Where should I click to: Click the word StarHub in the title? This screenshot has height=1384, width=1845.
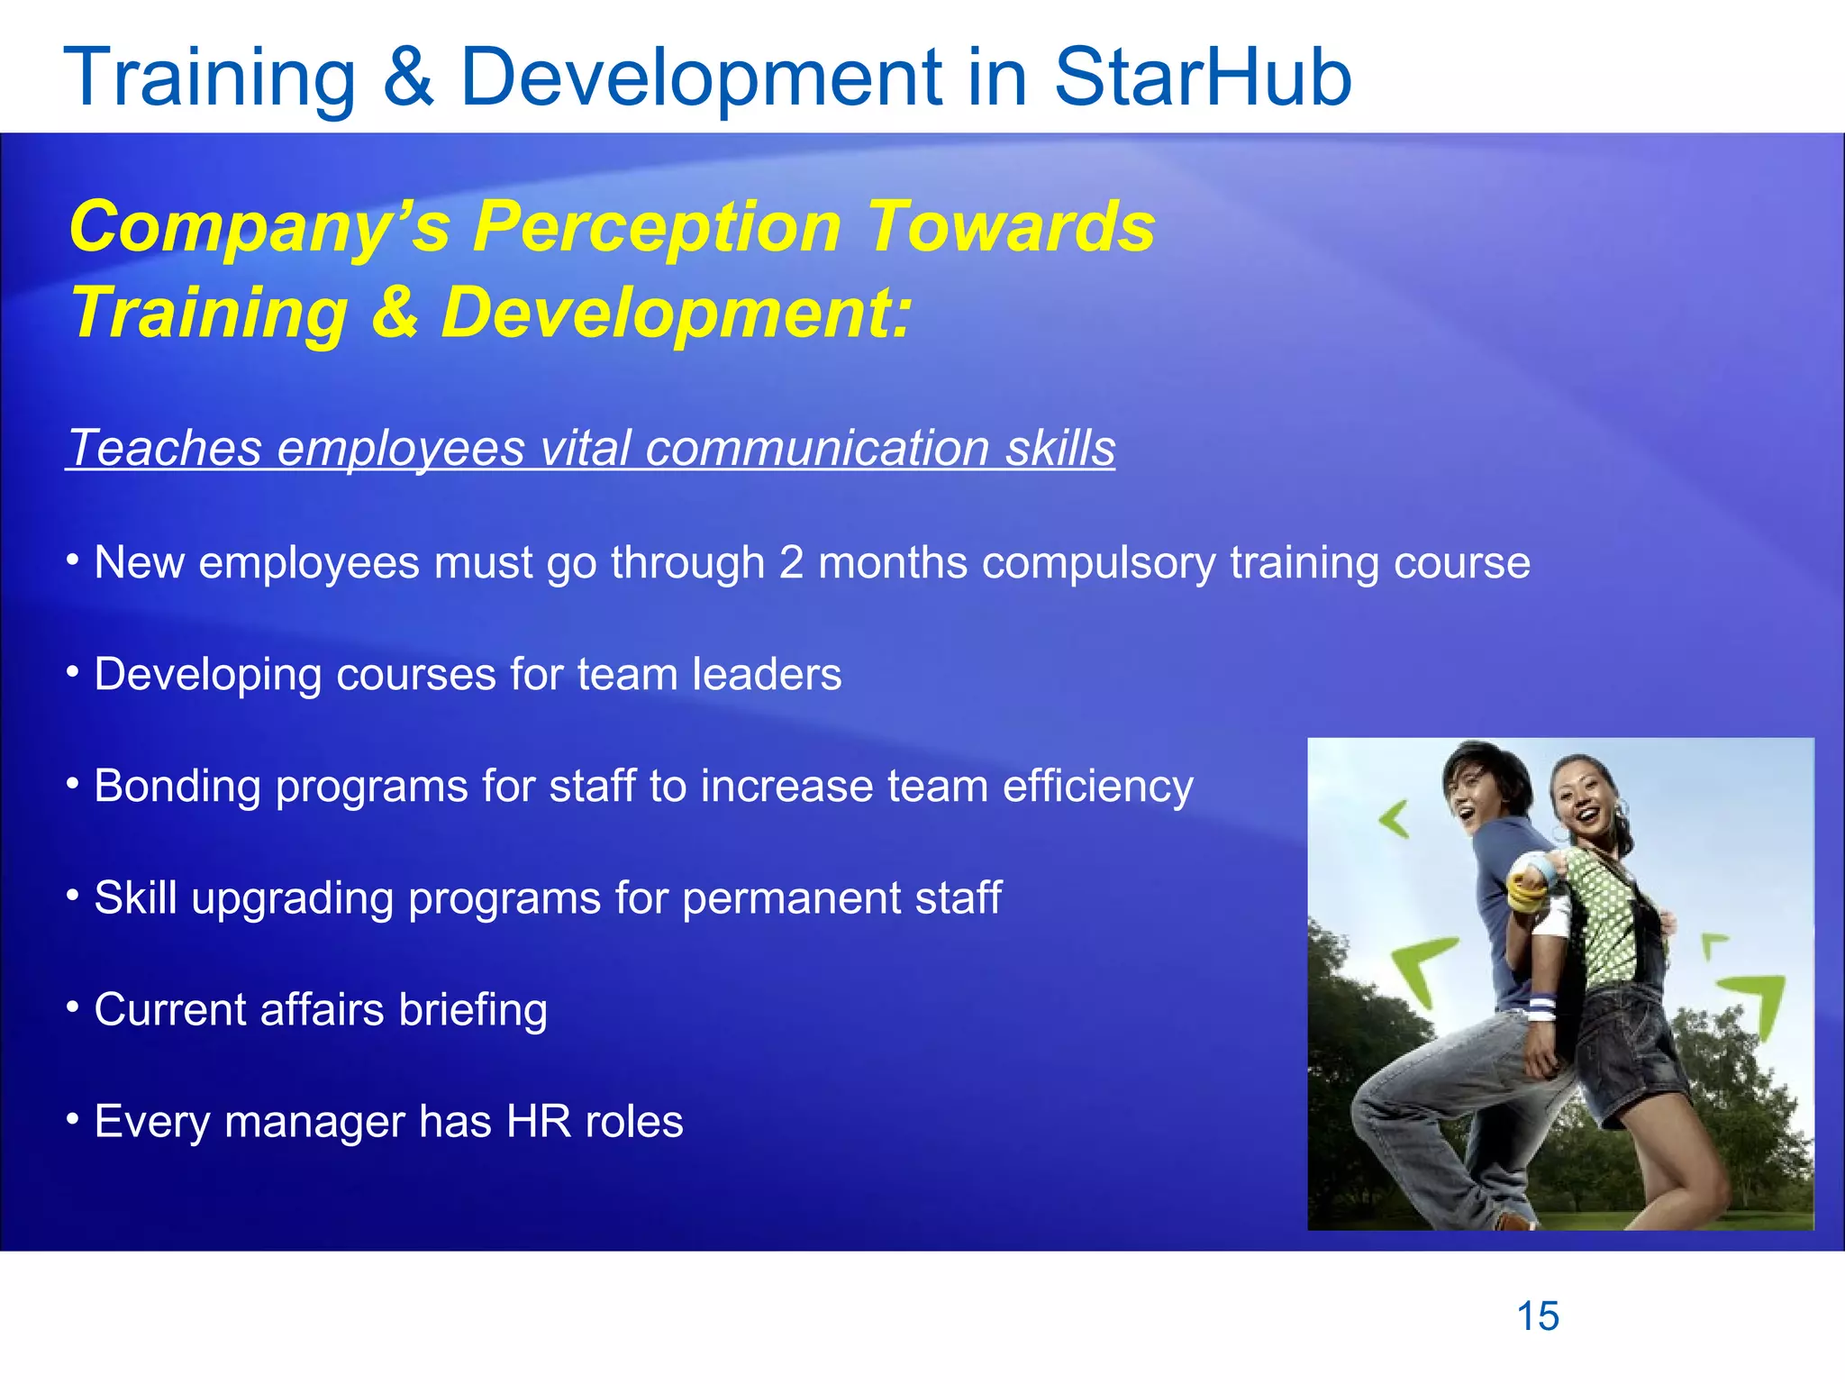(1203, 78)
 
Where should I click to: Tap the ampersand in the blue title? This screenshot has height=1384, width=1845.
(408, 78)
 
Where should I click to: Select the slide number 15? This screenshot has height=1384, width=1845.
(1538, 1316)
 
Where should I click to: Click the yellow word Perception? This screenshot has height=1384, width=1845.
(658, 227)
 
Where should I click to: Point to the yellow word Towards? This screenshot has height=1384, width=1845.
(1011, 227)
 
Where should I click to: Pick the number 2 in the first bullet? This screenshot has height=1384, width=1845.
(791, 563)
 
